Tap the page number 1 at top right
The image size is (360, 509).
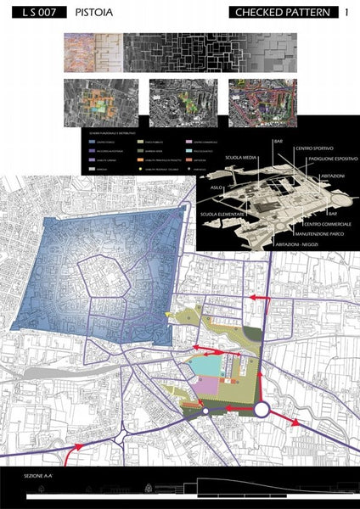[x=347, y=13]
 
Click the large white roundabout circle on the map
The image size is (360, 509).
[x=261, y=411]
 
